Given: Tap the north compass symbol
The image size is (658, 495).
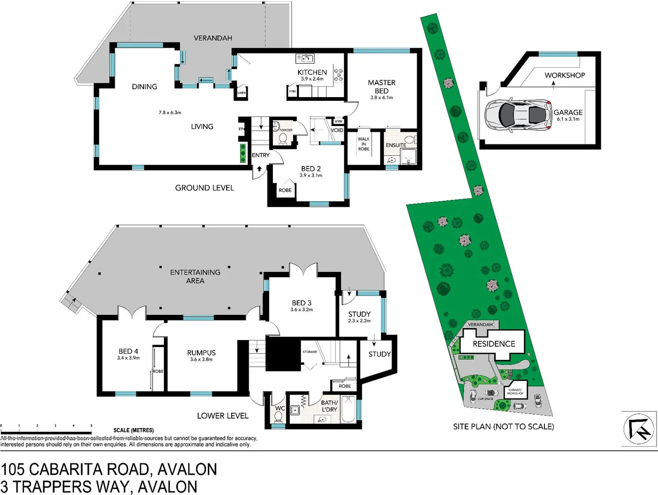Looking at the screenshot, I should coord(639,429).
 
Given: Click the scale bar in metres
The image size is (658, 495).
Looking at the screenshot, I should coord(46,432).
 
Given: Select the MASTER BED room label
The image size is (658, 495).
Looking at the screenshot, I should coord(381,87).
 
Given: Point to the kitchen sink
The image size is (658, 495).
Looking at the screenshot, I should coord(305,59).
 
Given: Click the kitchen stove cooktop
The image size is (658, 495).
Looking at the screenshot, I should coord(338,75).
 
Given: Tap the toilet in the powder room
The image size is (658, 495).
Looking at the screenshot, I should coord(283,138).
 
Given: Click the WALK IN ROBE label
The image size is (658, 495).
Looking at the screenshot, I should coord(364,144).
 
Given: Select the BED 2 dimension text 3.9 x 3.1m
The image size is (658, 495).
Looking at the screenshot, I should coord(311,176).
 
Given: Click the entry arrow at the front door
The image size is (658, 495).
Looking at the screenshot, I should coord(259,169).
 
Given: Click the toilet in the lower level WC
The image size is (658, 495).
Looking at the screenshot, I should coord(278,417).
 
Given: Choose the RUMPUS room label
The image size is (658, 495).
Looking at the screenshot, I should coord(201,352).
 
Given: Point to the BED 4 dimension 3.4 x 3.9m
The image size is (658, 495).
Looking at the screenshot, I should coord(128,358).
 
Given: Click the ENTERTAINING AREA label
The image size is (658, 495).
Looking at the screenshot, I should coord(195,276).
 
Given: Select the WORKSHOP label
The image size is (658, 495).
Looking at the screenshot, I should coord(565,75).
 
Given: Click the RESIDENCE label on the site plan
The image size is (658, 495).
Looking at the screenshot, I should coord(494,344).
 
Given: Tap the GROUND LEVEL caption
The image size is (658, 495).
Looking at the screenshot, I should coord(204,188).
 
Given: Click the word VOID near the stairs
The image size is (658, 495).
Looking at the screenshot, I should coord(337,130).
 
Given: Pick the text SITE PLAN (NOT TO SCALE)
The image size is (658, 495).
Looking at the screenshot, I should coord(503,427).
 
